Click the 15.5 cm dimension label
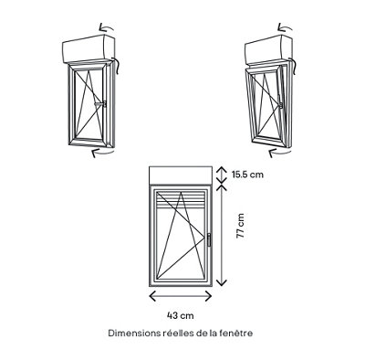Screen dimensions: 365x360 (247, 175)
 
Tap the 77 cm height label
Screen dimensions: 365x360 (240, 226)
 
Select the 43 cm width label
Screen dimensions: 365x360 (181, 315)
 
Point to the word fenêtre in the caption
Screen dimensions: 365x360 (239, 334)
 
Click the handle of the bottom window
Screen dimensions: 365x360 (209, 239)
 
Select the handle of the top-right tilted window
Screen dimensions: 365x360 (279, 103)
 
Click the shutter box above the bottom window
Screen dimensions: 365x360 (181, 175)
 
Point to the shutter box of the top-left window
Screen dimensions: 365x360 (89, 48)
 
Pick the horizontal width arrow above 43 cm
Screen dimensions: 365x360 (181, 296)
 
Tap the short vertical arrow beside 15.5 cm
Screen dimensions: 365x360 (222, 175)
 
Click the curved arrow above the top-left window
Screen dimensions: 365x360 (106, 28)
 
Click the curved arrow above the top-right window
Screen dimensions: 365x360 (285, 28)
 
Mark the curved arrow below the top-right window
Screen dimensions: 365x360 (280, 153)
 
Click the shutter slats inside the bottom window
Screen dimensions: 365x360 (181, 199)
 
